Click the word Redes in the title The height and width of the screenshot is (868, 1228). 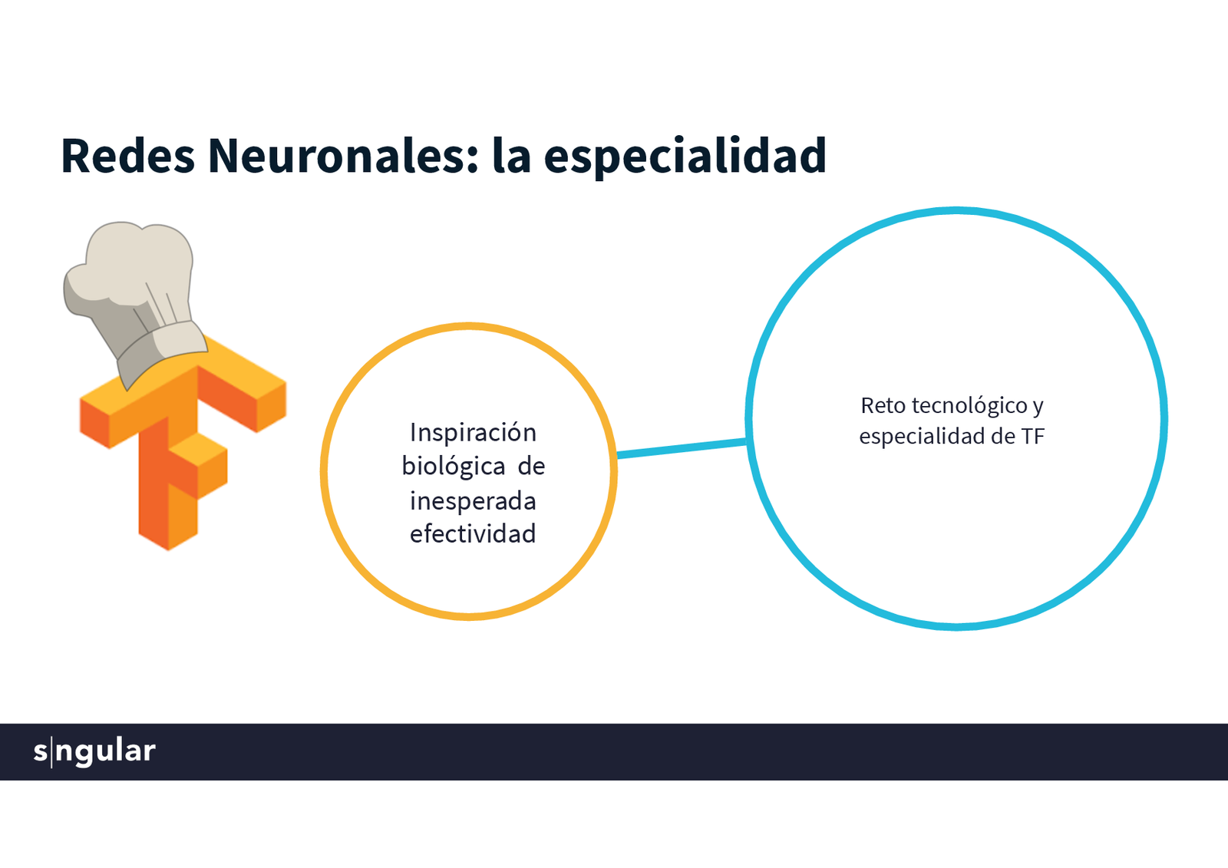click(x=127, y=156)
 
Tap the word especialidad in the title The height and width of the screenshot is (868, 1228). click(x=685, y=156)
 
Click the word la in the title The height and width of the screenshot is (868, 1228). click(x=511, y=156)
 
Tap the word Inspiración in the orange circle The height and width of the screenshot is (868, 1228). click(x=473, y=433)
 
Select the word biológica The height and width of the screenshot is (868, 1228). click(x=454, y=467)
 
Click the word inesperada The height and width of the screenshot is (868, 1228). click(x=473, y=501)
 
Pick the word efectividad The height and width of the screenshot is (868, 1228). click(x=473, y=534)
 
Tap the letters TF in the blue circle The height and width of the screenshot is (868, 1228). click(x=1032, y=437)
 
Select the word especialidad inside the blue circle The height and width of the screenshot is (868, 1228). click(x=922, y=437)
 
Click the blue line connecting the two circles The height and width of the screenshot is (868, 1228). click(x=682, y=447)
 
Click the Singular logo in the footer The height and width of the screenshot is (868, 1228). click(x=94, y=751)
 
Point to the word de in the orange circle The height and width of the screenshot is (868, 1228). click(x=531, y=467)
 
